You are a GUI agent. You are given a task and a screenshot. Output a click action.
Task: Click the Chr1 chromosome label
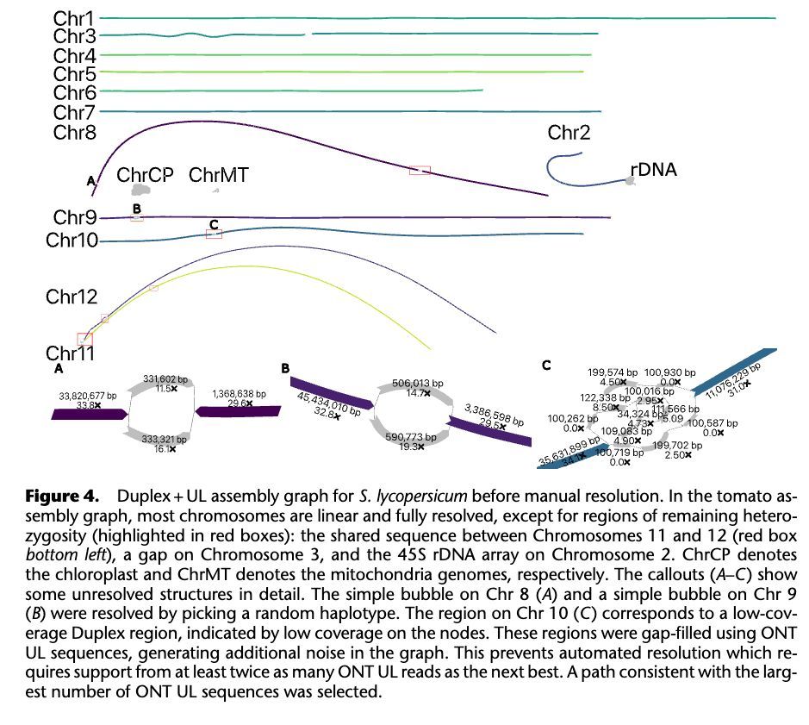[x=75, y=17]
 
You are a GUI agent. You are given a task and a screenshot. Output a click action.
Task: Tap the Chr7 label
[x=75, y=112]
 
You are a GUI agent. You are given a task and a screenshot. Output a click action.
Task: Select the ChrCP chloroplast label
[x=145, y=175]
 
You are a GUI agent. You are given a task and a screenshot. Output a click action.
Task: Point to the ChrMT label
[x=218, y=175]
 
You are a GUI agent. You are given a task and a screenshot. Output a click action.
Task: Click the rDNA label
[x=653, y=170]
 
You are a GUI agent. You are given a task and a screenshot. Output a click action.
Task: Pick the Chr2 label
[x=569, y=133]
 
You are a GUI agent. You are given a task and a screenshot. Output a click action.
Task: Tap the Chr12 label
[x=72, y=297]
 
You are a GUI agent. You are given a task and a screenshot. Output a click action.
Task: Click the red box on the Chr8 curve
[x=420, y=171]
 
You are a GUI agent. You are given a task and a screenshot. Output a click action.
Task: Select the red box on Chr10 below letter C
[x=214, y=233]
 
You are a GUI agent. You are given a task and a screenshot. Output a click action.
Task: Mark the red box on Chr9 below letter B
[x=137, y=218]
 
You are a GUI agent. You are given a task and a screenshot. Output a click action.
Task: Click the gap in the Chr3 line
[x=308, y=34]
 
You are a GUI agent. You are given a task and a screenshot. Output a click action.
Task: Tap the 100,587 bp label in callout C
[x=712, y=423]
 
